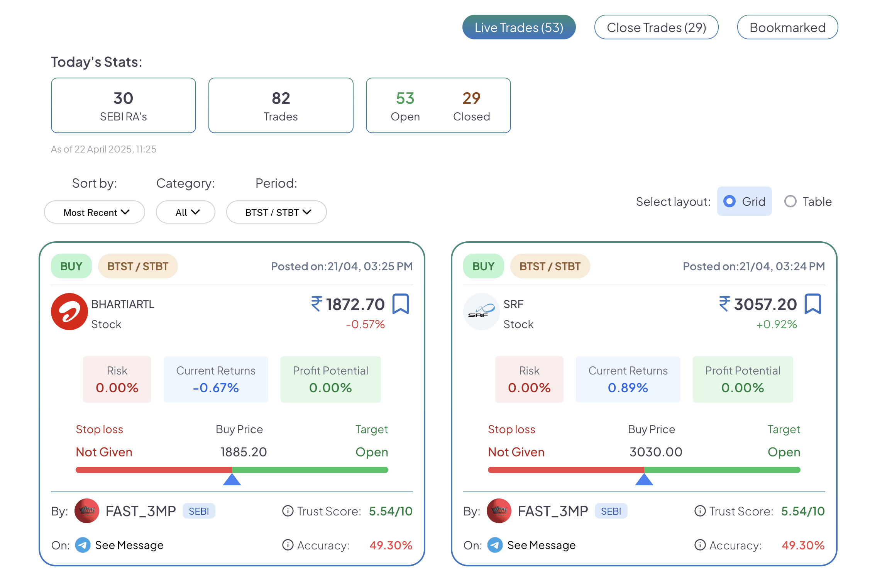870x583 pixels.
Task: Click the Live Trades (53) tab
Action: point(519,27)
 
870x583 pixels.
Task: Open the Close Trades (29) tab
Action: point(656,27)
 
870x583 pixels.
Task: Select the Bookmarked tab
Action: point(787,27)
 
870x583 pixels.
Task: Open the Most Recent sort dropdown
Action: point(95,212)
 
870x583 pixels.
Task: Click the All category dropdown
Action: point(186,212)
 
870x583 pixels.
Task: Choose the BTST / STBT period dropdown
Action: point(276,212)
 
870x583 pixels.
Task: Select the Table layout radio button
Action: point(790,201)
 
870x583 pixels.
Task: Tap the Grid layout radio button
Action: point(730,201)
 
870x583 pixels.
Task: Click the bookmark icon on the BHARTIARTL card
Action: point(401,304)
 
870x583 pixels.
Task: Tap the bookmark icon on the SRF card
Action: point(813,304)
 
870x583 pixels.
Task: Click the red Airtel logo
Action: point(69,312)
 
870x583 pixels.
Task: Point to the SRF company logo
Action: point(482,312)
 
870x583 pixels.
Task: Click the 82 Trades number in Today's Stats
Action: point(281,98)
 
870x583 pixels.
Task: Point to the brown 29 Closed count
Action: point(471,98)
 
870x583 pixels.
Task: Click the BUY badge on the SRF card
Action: point(484,266)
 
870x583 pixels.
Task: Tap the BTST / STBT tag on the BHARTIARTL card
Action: point(138,266)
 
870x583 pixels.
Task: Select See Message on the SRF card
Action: point(541,545)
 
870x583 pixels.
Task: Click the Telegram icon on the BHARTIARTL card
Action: point(83,545)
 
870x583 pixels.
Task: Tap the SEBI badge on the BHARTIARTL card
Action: point(199,511)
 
